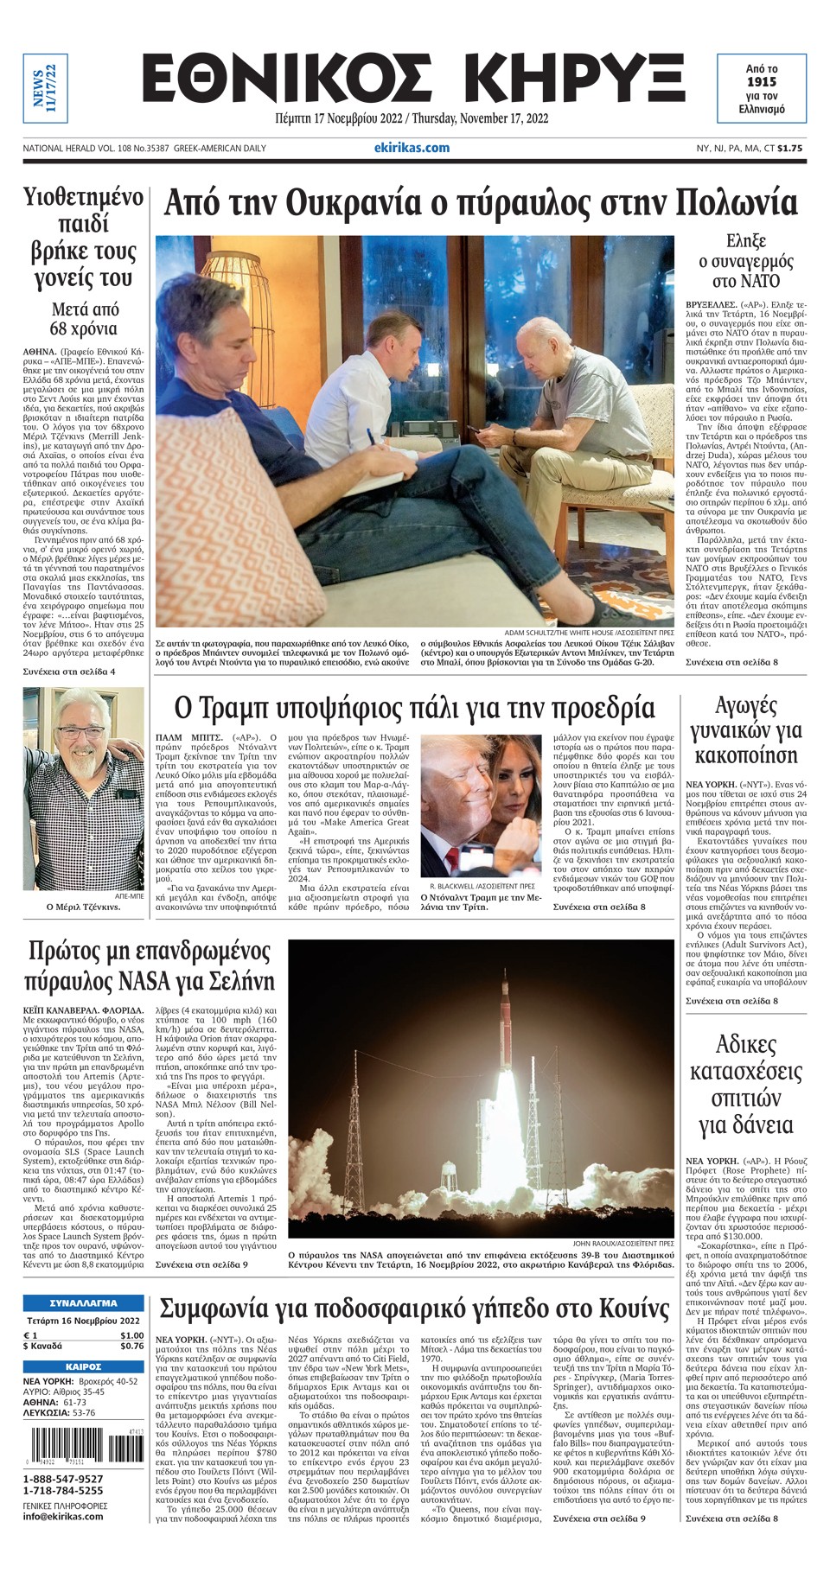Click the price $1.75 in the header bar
click(789, 148)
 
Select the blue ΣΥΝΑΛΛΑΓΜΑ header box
click(84, 1302)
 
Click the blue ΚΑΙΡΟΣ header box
click(84, 1366)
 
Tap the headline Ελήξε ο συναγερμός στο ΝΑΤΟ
click(746, 260)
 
